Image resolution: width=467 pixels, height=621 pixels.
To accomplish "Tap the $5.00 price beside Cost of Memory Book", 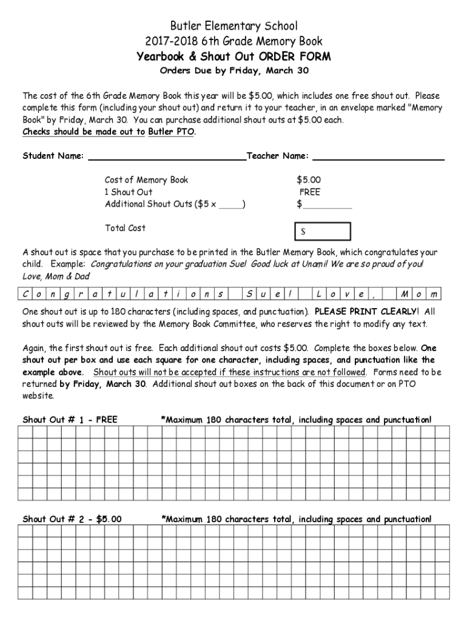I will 309,180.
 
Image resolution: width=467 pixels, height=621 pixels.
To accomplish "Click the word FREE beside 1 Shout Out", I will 309,192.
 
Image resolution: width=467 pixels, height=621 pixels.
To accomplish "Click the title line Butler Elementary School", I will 233,26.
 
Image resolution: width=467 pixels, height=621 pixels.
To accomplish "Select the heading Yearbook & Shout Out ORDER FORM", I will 233,57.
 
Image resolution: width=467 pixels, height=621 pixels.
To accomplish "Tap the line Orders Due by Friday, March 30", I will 233,71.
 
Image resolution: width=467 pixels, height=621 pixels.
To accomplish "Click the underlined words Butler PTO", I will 172,132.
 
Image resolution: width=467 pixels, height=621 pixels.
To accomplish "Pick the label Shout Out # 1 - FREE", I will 70,419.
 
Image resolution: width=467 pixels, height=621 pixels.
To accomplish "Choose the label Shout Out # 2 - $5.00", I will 72,519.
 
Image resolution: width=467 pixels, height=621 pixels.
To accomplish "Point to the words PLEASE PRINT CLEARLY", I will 366,312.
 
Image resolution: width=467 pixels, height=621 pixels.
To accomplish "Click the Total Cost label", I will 125,228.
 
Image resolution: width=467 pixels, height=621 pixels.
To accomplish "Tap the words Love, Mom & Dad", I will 56,277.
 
